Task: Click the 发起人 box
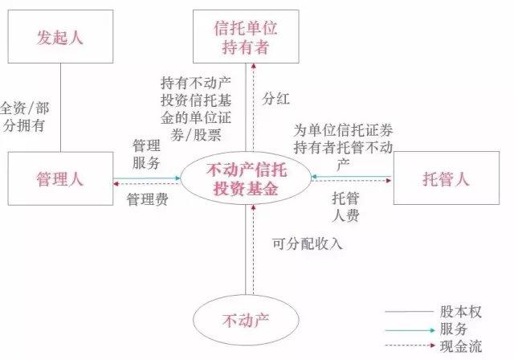(60, 38)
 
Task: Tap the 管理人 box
(60, 178)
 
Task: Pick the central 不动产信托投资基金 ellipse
(246, 178)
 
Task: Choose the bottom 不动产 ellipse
(245, 320)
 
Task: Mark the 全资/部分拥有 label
(24, 116)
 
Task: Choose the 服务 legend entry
(455, 329)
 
